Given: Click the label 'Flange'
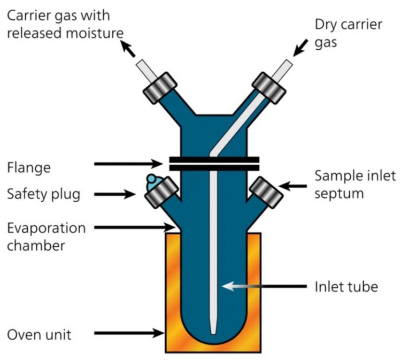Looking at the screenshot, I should pyautogui.click(x=29, y=168).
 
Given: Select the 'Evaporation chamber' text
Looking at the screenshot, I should pyautogui.click(x=46, y=237).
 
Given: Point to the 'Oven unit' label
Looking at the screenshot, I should pyautogui.click(x=40, y=335).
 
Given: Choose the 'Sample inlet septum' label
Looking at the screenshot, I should pyautogui.click(x=355, y=185).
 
